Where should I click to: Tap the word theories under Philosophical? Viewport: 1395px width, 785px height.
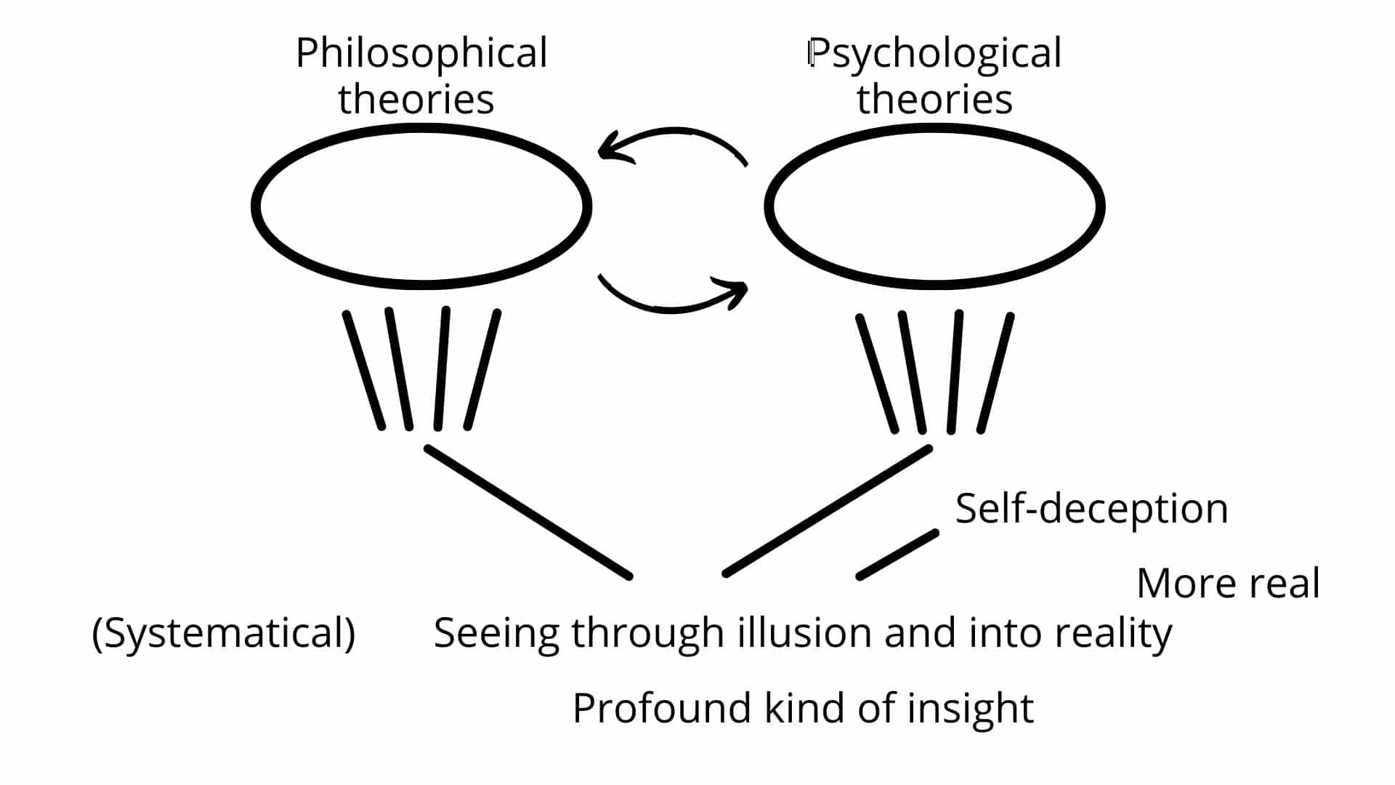tap(416, 99)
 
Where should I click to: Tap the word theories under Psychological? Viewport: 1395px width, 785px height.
tap(934, 99)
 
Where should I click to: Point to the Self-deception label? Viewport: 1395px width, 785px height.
tap(1091, 509)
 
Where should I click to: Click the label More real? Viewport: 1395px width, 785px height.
tap(1229, 584)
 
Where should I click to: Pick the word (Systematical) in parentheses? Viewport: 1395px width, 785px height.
tap(224, 634)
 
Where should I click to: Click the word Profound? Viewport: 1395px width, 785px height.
tap(661, 708)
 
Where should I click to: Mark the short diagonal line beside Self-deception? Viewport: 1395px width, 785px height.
tap(897, 555)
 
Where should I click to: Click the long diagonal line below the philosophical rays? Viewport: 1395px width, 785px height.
tap(528, 512)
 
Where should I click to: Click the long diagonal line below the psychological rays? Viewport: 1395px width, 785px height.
tap(828, 512)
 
